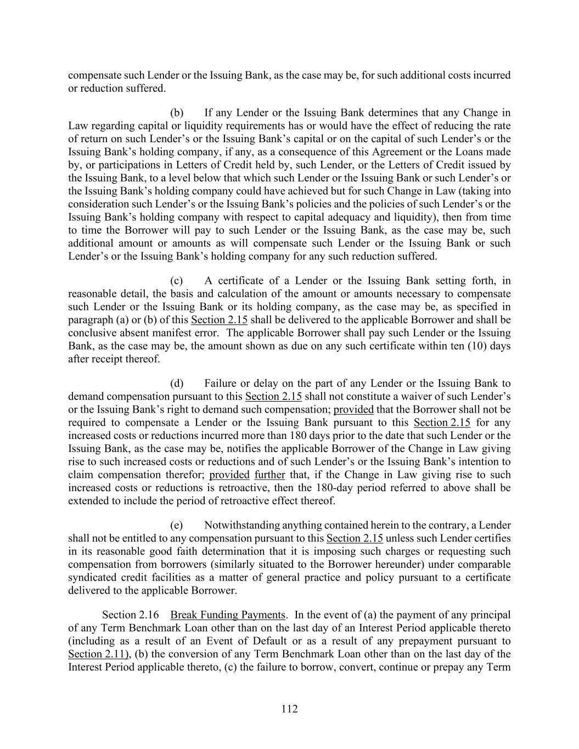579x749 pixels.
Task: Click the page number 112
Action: [289, 709]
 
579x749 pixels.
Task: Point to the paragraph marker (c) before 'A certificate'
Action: [177, 281]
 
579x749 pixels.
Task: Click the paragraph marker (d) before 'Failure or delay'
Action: [177, 384]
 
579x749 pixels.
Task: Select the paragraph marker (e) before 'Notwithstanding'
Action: [177, 526]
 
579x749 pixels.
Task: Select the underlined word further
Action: [269, 475]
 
